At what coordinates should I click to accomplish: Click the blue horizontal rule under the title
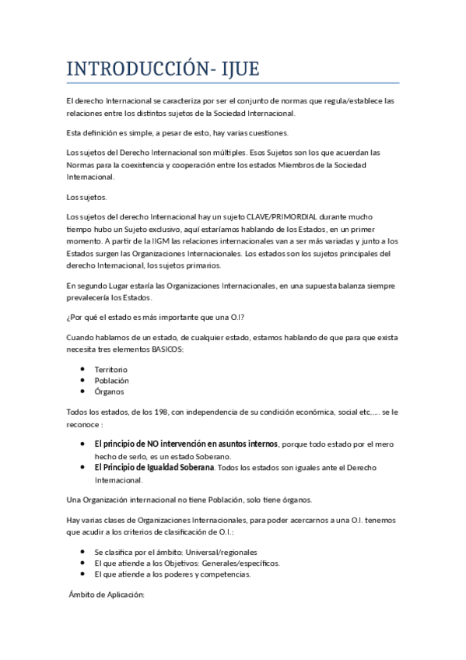233,82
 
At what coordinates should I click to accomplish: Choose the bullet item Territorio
110,369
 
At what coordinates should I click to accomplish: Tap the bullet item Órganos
109,392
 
